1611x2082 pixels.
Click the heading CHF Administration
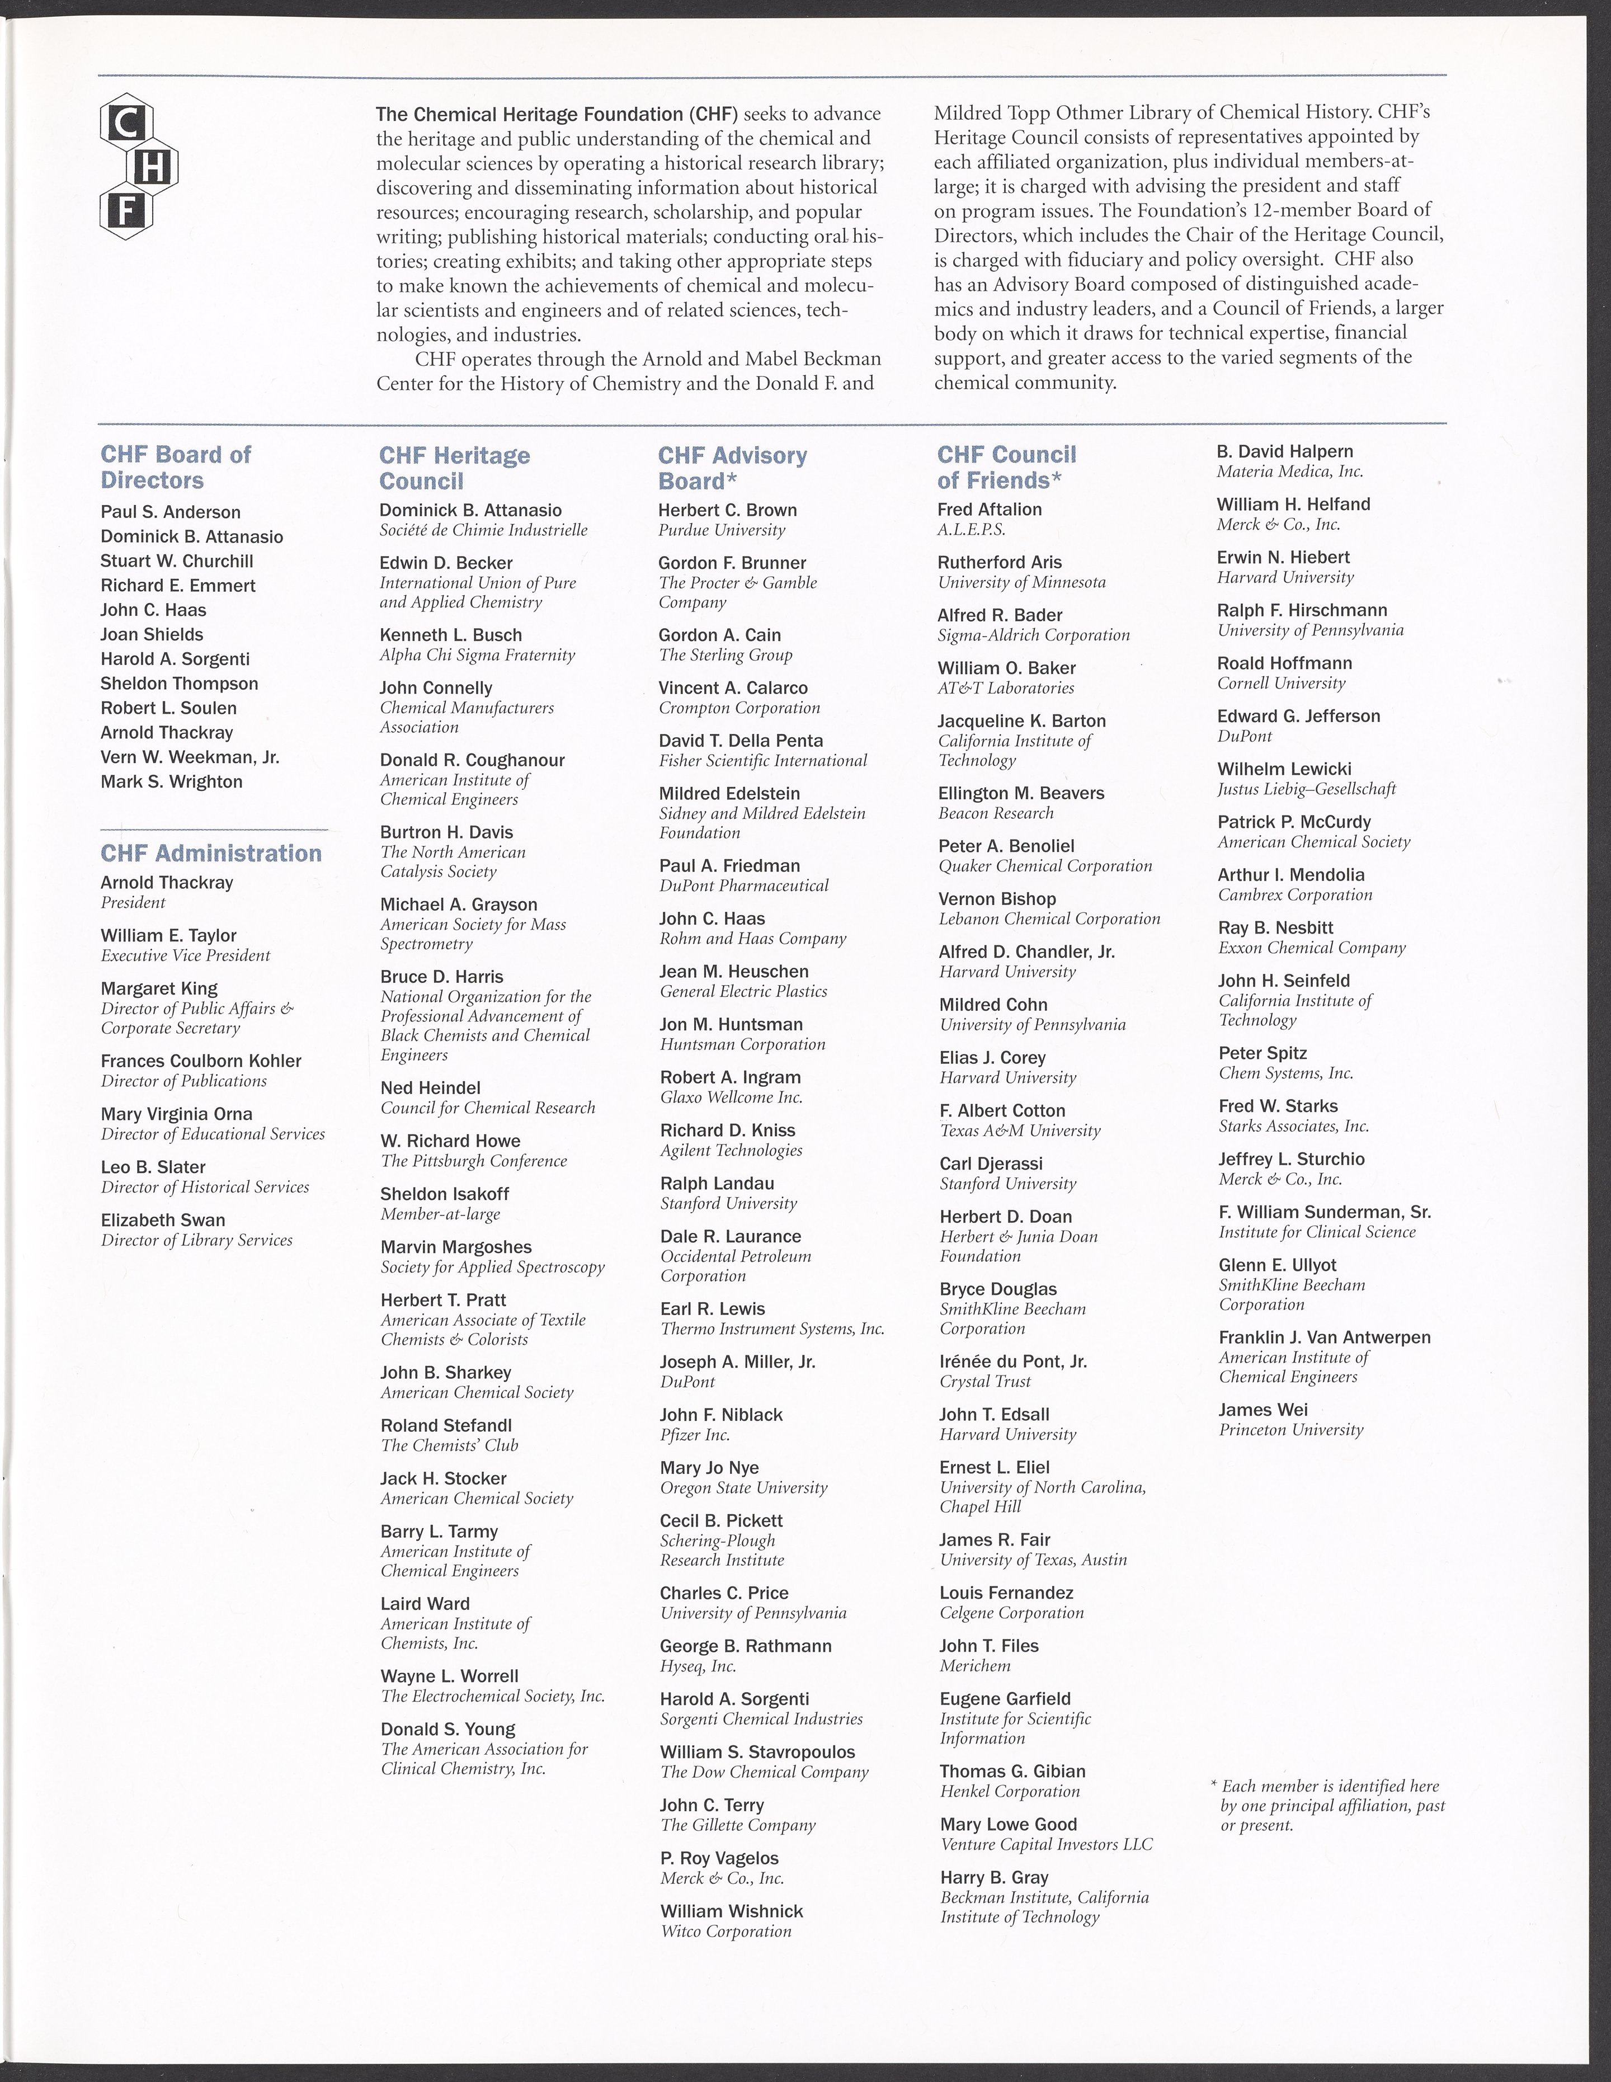211,853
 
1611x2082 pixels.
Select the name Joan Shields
152,634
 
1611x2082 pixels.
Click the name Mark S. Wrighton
172,781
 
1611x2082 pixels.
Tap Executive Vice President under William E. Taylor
186,955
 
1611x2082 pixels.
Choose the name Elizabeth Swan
163,1220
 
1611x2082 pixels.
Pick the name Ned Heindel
430,1088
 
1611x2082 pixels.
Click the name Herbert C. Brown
727,510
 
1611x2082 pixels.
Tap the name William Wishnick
731,1911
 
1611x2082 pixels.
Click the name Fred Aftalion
990,509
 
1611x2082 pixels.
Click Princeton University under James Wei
1290,1430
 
